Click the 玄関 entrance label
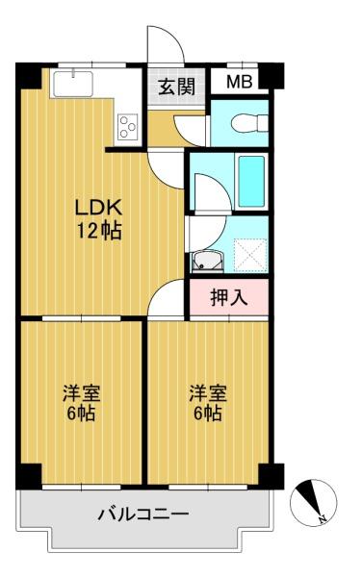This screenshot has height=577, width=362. pos(176,87)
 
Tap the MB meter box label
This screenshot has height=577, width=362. pos(240,82)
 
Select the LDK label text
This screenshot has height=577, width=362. pos(98,208)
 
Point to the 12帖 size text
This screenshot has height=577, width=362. pos(99,231)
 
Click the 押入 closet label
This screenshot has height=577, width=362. pos(229,297)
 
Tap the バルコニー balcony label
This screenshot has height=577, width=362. pos(143,514)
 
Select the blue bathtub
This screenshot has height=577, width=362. pos(251,181)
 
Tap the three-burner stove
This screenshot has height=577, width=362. pos(128,126)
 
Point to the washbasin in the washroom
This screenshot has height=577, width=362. pos(207,262)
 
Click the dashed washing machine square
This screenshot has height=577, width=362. pos(250,255)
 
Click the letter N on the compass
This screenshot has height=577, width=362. pos(323,519)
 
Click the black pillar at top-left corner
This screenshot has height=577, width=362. pos(28,76)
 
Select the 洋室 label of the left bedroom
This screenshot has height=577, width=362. pos(82,393)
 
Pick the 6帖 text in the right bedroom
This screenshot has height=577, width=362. pos(208,414)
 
